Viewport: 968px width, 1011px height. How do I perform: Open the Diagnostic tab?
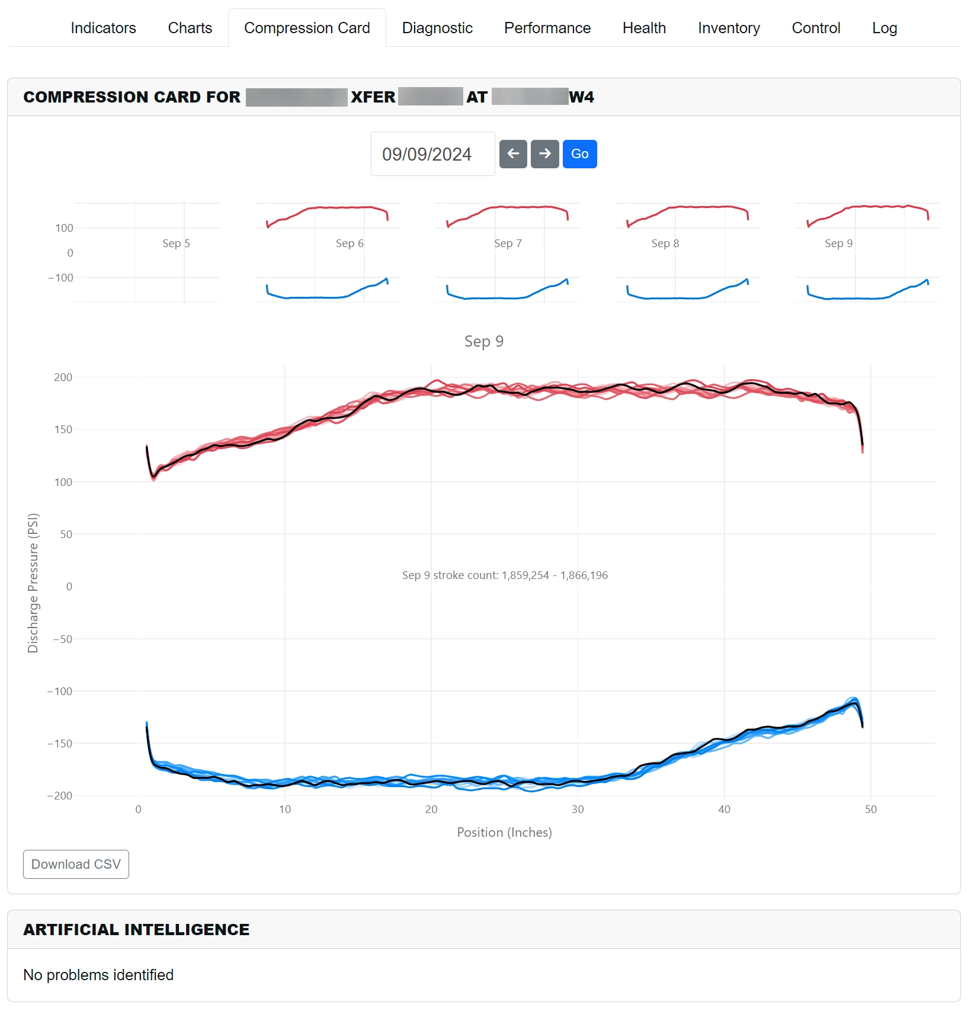click(x=437, y=28)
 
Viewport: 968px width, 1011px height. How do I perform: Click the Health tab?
click(x=644, y=28)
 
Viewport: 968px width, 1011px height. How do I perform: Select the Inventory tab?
click(x=729, y=28)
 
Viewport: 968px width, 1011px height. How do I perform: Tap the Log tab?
click(x=884, y=28)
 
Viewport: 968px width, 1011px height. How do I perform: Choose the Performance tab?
click(x=547, y=28)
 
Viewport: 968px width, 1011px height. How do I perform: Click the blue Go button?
click(x=579, y=154)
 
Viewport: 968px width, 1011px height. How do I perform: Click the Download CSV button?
click(x=76, y=864)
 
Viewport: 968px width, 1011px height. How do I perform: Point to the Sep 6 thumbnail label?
click(x=350, y=244)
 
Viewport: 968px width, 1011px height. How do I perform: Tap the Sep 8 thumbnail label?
click(x=665, y=244)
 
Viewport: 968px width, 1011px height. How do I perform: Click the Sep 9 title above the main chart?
click(x=484, y=341)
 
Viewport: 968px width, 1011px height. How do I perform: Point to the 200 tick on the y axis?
click(x=63, y=377)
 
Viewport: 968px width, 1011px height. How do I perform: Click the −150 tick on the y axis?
click(x=60, y=744)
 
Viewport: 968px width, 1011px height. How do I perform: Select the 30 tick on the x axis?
click(x=578, y=810)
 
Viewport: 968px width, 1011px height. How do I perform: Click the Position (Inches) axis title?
click(x=504, y=833)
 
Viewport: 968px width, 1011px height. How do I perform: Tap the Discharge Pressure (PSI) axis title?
click(x=33, y=583)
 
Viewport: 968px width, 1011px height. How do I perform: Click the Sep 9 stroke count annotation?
click(x=505, y=575)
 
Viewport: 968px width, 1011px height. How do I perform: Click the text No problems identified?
click(x=98, y=975)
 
